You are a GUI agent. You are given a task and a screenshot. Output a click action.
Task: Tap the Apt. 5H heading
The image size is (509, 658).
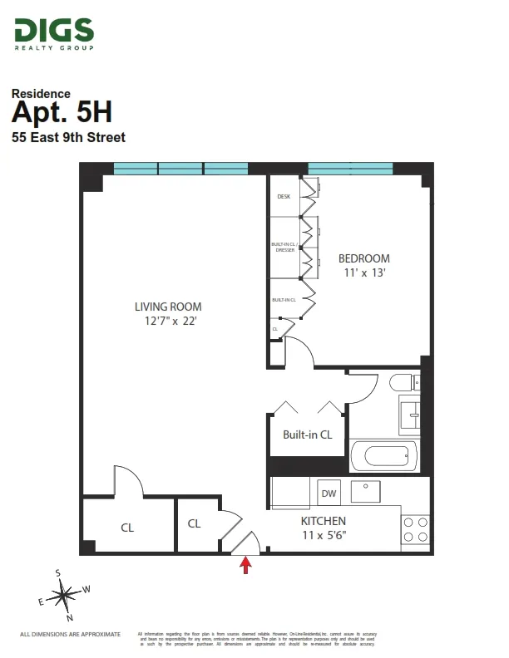click(62, 111)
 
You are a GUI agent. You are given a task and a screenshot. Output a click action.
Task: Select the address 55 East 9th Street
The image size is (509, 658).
click(68, 137)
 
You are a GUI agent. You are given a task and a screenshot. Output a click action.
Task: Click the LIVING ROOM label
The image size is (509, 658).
click(168, 306)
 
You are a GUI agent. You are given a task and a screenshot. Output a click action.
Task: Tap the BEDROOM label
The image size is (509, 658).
click(363, 258)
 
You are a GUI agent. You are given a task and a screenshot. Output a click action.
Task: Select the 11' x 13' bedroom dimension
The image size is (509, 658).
click(363, 272)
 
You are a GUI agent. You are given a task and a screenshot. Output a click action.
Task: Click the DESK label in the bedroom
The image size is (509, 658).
click(283, 197)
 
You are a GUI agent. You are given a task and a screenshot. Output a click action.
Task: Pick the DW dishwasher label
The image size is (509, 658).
click(329, 493)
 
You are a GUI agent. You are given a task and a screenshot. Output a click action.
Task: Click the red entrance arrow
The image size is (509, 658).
click(245, 566)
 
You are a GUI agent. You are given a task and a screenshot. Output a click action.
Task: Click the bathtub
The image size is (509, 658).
click(383, 455)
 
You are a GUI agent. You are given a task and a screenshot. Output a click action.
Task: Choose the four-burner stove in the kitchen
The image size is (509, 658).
click(415, 529)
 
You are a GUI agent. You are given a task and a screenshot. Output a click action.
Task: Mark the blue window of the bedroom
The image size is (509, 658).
click(349, 169)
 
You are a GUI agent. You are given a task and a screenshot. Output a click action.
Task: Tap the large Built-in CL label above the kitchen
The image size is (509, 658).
click(307, 435)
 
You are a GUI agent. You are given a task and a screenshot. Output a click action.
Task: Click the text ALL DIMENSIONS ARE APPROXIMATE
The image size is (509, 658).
click(70, 634)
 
